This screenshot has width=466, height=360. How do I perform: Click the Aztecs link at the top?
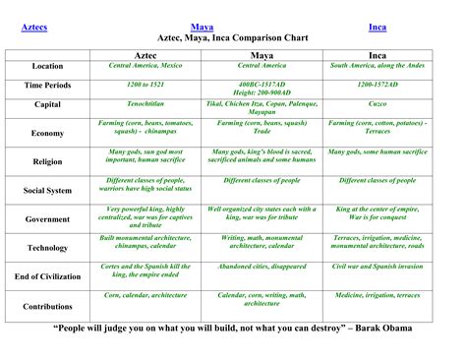coord(34,27)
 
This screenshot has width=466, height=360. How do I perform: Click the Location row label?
coord(47,68)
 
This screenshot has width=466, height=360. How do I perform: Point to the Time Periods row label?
coord(47,88)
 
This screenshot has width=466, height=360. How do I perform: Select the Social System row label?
coord(47,191)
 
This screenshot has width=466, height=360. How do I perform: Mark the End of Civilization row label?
coord(47,276)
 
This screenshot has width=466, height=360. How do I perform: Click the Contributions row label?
coord(47,306)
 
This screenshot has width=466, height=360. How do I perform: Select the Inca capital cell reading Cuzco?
coord(379,101)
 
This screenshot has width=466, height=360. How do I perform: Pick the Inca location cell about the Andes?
coord(379,65)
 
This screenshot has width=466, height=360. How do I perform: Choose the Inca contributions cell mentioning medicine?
coord(379,294)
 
